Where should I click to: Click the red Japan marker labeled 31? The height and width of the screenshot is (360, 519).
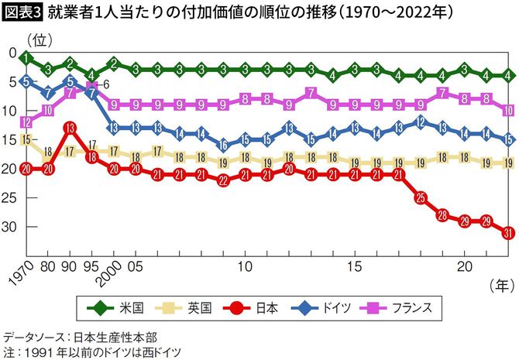[508, 232]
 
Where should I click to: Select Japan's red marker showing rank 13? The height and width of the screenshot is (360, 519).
[70, 128]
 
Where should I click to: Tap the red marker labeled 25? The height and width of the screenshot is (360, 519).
[421, 198]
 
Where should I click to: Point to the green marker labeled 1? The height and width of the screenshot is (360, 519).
[26, 58]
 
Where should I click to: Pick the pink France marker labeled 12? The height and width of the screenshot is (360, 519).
[26, 122]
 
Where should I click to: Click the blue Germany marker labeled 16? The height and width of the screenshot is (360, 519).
[223, 145]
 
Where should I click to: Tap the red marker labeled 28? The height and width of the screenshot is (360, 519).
[442, 214]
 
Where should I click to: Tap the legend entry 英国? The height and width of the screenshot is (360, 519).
[180, 307]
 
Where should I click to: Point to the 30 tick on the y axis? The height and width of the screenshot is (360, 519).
[11, 226]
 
